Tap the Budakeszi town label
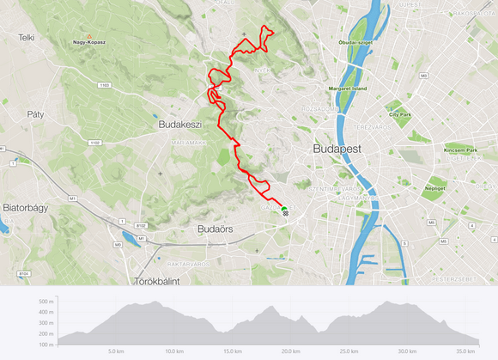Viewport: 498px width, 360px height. coord(181,125)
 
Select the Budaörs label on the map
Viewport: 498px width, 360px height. coord(216,229)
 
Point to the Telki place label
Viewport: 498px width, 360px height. coord(26,38)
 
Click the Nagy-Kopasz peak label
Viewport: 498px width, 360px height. coord(88,41)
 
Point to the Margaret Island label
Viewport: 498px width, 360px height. coord(348,89)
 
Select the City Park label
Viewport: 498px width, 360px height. coord(399,113)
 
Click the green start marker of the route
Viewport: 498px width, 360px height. coord(284,209)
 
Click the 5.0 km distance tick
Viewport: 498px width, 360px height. coord(117,351)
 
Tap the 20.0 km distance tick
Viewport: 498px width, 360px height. coord(290,351)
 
